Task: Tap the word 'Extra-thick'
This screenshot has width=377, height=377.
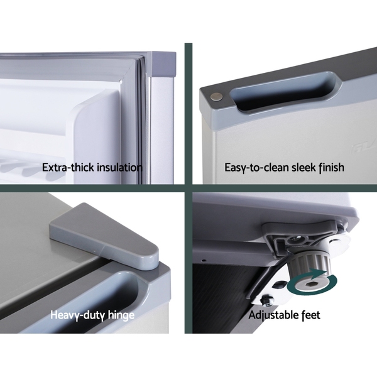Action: [69, 167]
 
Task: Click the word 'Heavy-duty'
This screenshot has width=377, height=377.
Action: [77, 315]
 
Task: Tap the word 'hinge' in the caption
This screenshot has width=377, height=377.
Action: [121, 315]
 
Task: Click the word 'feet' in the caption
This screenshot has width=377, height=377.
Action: [311, 315]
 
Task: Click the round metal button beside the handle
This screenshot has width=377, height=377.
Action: [216, 97]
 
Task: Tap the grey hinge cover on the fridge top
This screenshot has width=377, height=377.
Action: [104, 236]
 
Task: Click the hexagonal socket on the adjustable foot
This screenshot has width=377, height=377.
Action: [309, 285]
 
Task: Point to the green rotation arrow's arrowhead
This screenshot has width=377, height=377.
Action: [318, 273]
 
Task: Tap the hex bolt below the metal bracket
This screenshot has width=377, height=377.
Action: [266, 302]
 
